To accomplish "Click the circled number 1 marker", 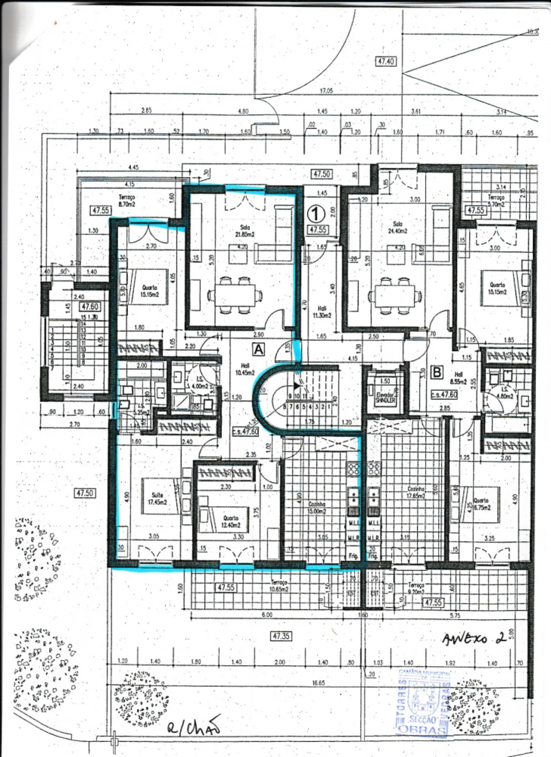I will [317, 214].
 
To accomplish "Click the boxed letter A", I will [259, 349].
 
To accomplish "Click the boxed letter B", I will [437, 372].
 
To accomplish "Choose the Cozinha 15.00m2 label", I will [317, 507].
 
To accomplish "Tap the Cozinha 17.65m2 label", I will [416, 492].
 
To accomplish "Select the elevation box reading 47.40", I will [386, 62].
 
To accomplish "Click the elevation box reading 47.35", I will [281, 636].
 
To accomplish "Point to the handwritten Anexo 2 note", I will [474, 639].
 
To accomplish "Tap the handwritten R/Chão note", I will [194, 726].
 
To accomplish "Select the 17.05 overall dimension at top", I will [326, 91].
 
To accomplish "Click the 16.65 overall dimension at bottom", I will [319, 683].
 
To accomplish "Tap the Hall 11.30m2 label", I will [322, 311].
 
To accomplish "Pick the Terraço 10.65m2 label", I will [279, 586].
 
